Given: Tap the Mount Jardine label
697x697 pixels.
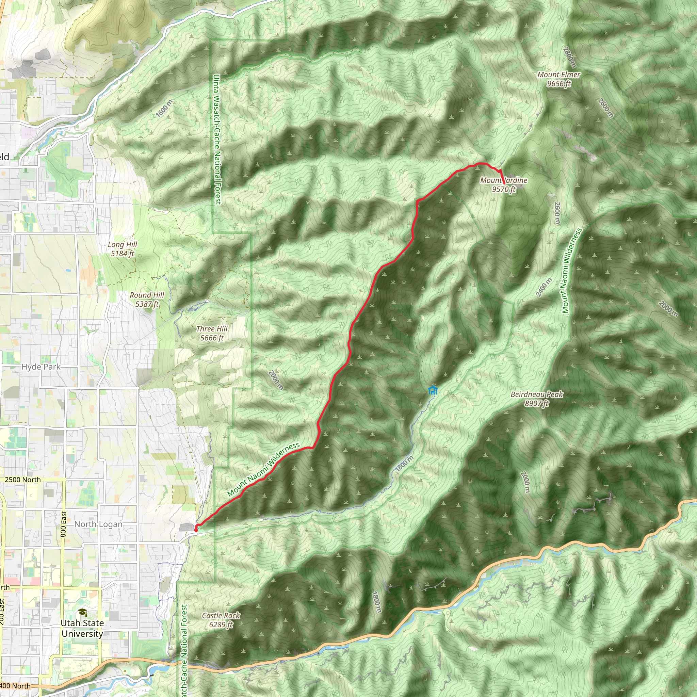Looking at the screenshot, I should [x=504, y=180].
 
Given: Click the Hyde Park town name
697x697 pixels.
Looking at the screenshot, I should [x=41, y=367].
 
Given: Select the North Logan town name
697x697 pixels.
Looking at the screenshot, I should [x=98, y=524].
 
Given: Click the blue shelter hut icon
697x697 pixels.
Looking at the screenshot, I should [x=433, y=390].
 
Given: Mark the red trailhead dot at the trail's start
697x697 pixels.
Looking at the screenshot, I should [x=196, y=530].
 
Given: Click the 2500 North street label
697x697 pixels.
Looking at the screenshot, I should [x=22, y=480].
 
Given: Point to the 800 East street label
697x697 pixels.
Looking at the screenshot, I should [x=64, y=524].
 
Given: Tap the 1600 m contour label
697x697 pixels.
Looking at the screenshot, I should [x=164, y=108].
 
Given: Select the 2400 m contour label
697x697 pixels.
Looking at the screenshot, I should [x=544, y=288].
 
